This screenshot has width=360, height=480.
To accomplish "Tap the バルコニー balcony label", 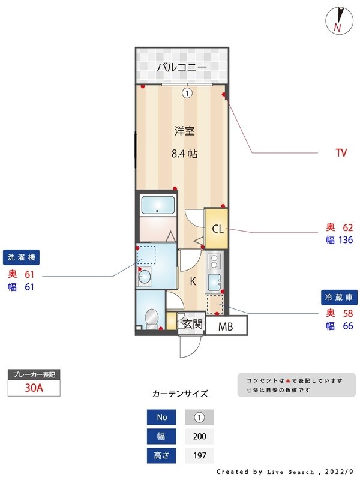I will point(182,67).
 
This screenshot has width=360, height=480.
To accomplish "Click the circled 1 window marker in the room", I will point(187,93).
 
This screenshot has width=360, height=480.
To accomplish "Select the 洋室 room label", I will point(184,131).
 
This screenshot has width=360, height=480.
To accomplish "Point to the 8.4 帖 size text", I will point(184,154).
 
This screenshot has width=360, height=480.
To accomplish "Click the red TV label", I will point(341,153).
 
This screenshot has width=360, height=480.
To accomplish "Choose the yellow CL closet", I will point(217,229).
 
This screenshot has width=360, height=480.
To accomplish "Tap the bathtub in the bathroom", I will point(157,205).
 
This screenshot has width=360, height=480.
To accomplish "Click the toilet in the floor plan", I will point(152,316).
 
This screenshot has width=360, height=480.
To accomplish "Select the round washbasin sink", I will point(145,277).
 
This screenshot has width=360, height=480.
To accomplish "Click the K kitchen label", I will point(193,281).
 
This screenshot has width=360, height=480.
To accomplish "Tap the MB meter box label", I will point(226,327).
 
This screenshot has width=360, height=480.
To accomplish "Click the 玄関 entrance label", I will point(192,325).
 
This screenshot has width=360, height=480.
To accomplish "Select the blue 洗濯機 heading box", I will point(22,257).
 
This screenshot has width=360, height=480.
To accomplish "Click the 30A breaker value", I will point(34,388).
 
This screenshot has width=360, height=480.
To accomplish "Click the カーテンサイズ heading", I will point(180,394).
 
